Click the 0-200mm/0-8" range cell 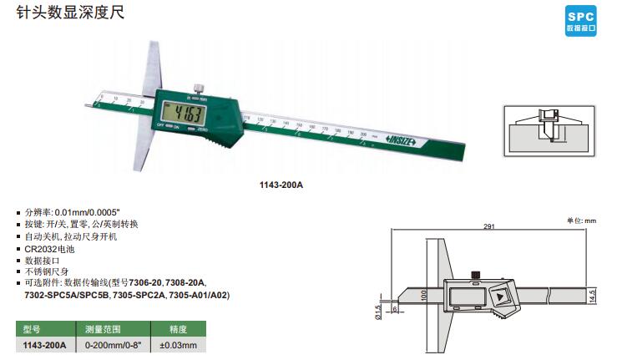114,345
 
